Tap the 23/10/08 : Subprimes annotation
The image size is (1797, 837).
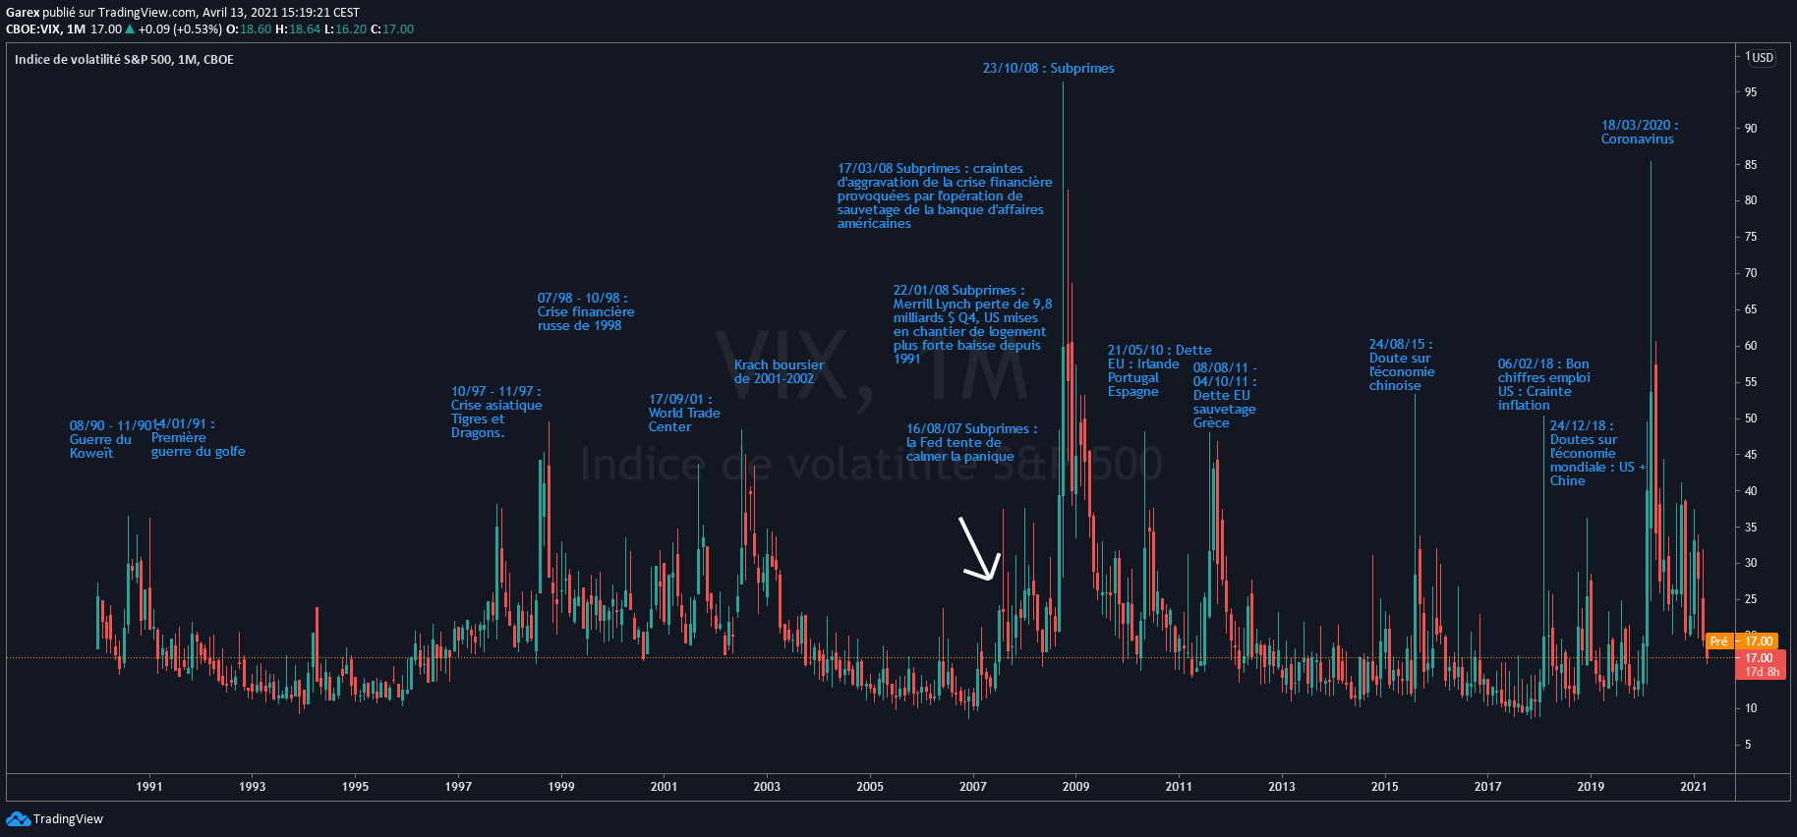[x=1048, y=68]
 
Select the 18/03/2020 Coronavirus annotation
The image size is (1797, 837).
[x=1639, y=132]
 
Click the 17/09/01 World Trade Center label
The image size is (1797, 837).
[x=683, y=413]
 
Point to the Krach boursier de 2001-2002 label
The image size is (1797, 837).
[x=779, y=371]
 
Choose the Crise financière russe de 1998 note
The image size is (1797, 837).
[x=585, y=311]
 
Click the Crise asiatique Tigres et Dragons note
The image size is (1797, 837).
[x=495, y=412]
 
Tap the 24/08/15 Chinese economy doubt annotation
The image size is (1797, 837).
[x=1401, y=364]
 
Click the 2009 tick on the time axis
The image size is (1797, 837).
[x=1075, y=786]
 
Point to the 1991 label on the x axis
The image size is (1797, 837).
[x=149, y=786]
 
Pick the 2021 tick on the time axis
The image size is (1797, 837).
[x=1693, y=786]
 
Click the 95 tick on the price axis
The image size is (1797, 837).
[x=1751, y=92]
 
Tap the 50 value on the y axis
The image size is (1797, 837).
[x=1751, y=418]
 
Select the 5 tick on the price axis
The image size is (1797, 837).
[x=1748, y=745]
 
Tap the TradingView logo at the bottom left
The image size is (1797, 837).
[x=55, y=819]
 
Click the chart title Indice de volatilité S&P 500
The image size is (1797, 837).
[x=124, y=60]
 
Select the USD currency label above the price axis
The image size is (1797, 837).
[x=1761, y=58]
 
